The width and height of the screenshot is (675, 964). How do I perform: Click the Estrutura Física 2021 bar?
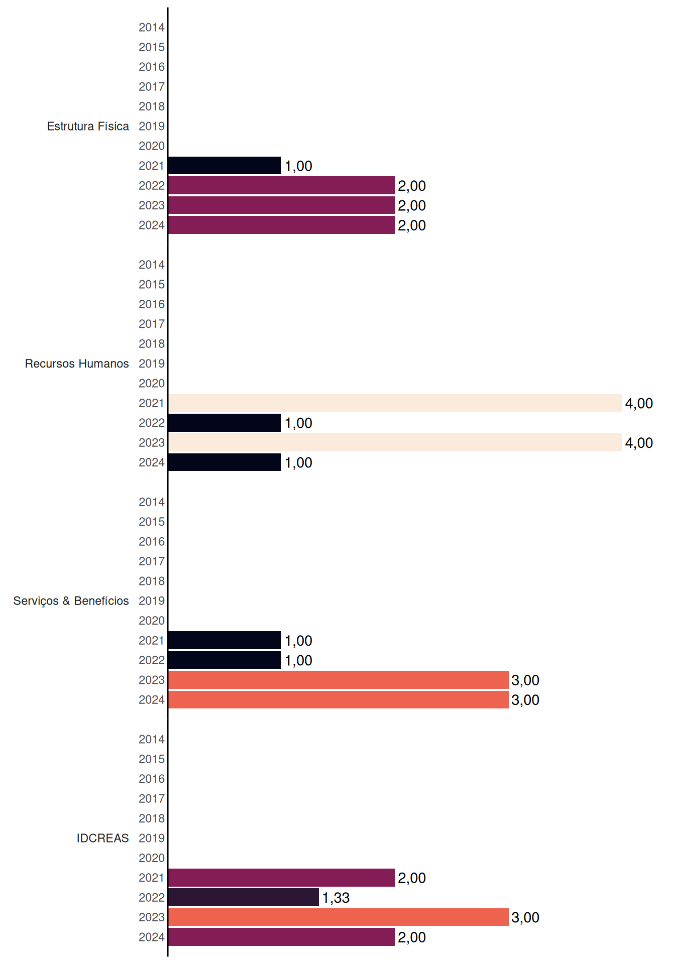tap(224, 166)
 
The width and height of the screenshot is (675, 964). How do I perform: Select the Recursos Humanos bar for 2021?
tap(395, 403)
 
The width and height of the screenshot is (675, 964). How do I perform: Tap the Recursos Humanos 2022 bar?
tap(224, 423)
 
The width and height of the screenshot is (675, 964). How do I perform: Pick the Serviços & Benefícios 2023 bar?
tap(339, 680)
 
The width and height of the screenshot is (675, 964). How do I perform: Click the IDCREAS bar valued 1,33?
tap(244, 897)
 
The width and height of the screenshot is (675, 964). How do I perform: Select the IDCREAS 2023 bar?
tap(339, 917)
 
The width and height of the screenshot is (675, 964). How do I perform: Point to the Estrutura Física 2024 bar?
tap(282, 225)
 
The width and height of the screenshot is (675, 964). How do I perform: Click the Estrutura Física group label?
tap(88, 126)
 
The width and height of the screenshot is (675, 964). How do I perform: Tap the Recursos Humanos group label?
tap(77, 364)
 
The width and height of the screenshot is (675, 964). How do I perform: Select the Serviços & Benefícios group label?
tap(71, 601)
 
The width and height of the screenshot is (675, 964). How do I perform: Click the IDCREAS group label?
tap(102, 838)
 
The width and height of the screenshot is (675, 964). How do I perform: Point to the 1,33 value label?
tap(336, 898)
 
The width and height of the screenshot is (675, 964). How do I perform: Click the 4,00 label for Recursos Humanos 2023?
tap(639, 443)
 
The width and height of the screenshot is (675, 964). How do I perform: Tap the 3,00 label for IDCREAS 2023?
tap(525, 917)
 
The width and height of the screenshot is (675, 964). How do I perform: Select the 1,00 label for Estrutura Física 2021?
tap(298, 166)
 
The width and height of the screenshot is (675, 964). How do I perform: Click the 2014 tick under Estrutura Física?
tap(152, 27)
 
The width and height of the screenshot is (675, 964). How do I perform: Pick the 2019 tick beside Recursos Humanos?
tap(152, 364)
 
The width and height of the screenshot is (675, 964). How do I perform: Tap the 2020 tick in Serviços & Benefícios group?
tap(152, 621)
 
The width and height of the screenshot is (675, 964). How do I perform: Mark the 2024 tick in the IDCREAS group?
tap(152, 937)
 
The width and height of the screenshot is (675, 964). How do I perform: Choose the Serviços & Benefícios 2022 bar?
tap(224, 660)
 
